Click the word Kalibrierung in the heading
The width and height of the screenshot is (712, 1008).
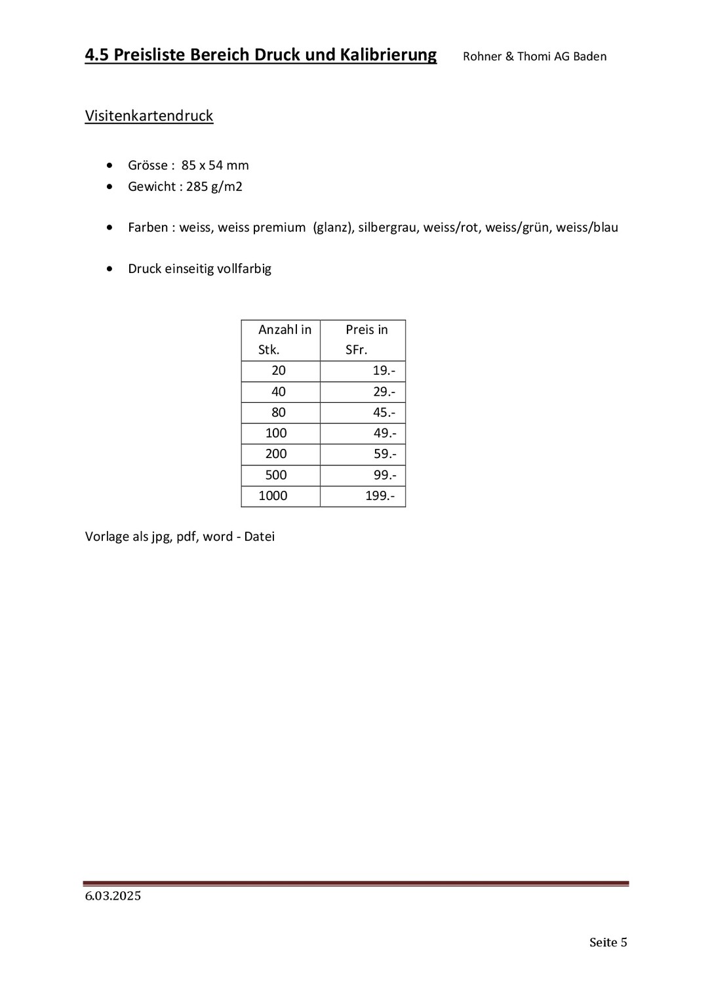click(x=387, y=55)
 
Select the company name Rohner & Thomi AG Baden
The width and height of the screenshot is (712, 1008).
click(x=534, y=56)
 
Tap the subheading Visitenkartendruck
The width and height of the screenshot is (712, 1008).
click(x=149, y=116)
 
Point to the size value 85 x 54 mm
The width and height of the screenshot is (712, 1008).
click(x=215, y=165)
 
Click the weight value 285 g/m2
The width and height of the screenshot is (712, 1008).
click(x=214, y=186)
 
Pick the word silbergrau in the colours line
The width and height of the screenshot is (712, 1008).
click(x=387, y=228)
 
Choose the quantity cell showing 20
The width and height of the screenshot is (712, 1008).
click(x=279, y=371)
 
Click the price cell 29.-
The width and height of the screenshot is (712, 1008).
click(x=384, y=392)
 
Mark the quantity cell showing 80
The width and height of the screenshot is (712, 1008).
click(x=279, y=413)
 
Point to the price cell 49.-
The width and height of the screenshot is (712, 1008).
click(x=385, y=433)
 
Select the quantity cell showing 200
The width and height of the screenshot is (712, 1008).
click(x=276, y=454)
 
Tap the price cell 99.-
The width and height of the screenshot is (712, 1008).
click(x=385, y=475)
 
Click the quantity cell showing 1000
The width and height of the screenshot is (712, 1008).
click(x=273, y=496)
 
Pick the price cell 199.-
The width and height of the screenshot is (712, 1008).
click(x=380, y=496)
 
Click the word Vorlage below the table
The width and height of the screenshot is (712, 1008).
click(x=107, y=537)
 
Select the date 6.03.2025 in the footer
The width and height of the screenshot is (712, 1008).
click(x=113, y=896)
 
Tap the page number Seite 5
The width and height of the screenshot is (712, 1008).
click(x=608, y=942)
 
